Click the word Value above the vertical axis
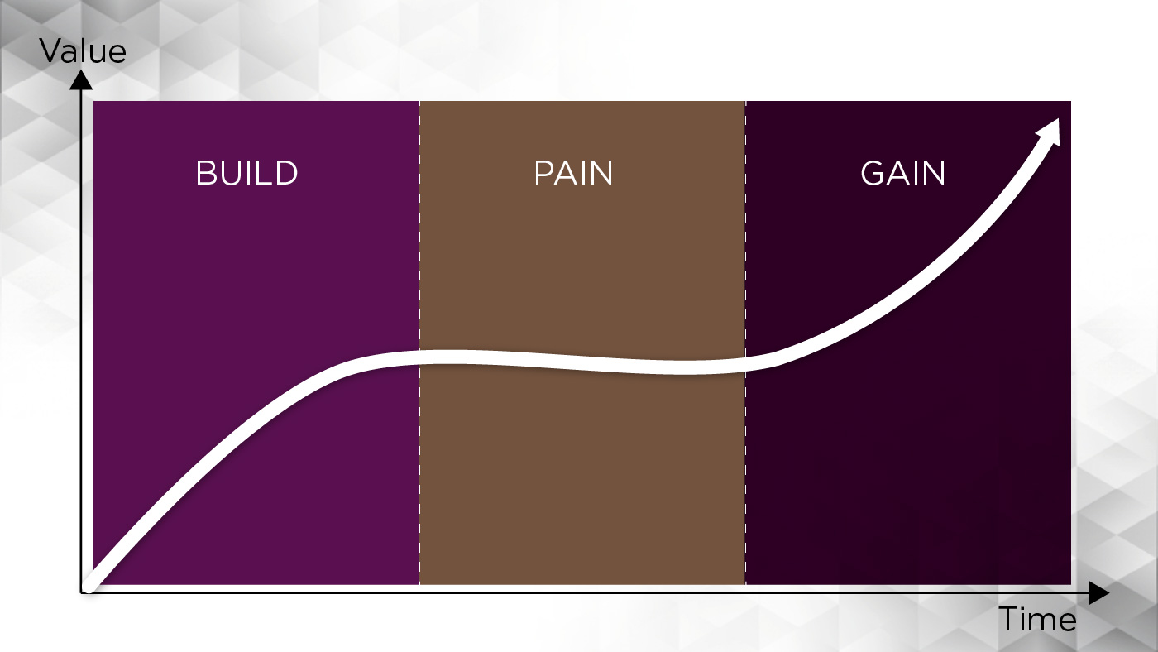[83, 51]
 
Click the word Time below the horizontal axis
[1037, 619]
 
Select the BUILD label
[246, 173]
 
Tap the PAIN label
[573, 173]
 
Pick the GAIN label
[902, 173]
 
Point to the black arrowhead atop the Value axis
[81, 79]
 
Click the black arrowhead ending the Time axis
[1099, 592]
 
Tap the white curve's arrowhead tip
[1058, 119]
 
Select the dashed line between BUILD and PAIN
[420, 343]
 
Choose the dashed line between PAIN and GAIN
[745, 343]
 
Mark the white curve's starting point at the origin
[88, 587]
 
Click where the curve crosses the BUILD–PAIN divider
[420, 357]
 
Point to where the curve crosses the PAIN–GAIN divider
[745, 363]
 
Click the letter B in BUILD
[205, 173]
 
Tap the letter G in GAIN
[873, 173]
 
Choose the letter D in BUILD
[287, 173]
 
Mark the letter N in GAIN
[934, 173]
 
